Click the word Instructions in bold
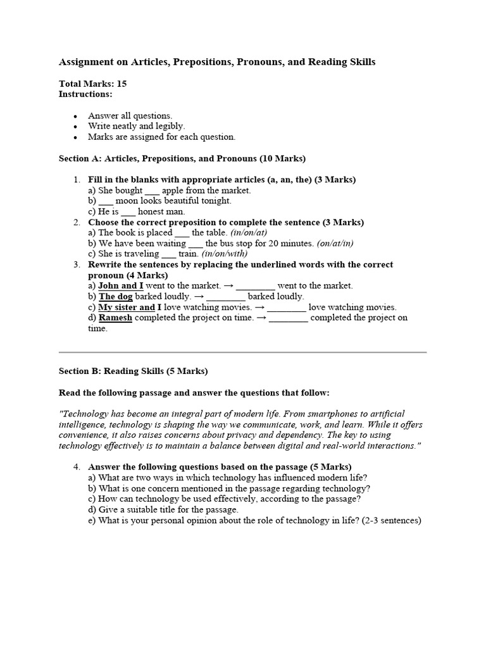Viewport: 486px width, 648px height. pos(85,94)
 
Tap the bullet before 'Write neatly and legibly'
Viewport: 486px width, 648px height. pos(75,127)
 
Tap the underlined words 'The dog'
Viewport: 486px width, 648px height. pos(116,296)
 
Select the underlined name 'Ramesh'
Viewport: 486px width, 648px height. pos(115,318)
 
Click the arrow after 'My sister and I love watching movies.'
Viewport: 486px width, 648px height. pos(259,307)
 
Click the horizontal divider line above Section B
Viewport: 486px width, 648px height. pos(242,352)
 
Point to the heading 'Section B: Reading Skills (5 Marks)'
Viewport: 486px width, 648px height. pos(133,371)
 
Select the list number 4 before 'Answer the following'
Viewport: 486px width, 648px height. pos(76,467)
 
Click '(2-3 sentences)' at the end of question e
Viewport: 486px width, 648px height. pos(392,521)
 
